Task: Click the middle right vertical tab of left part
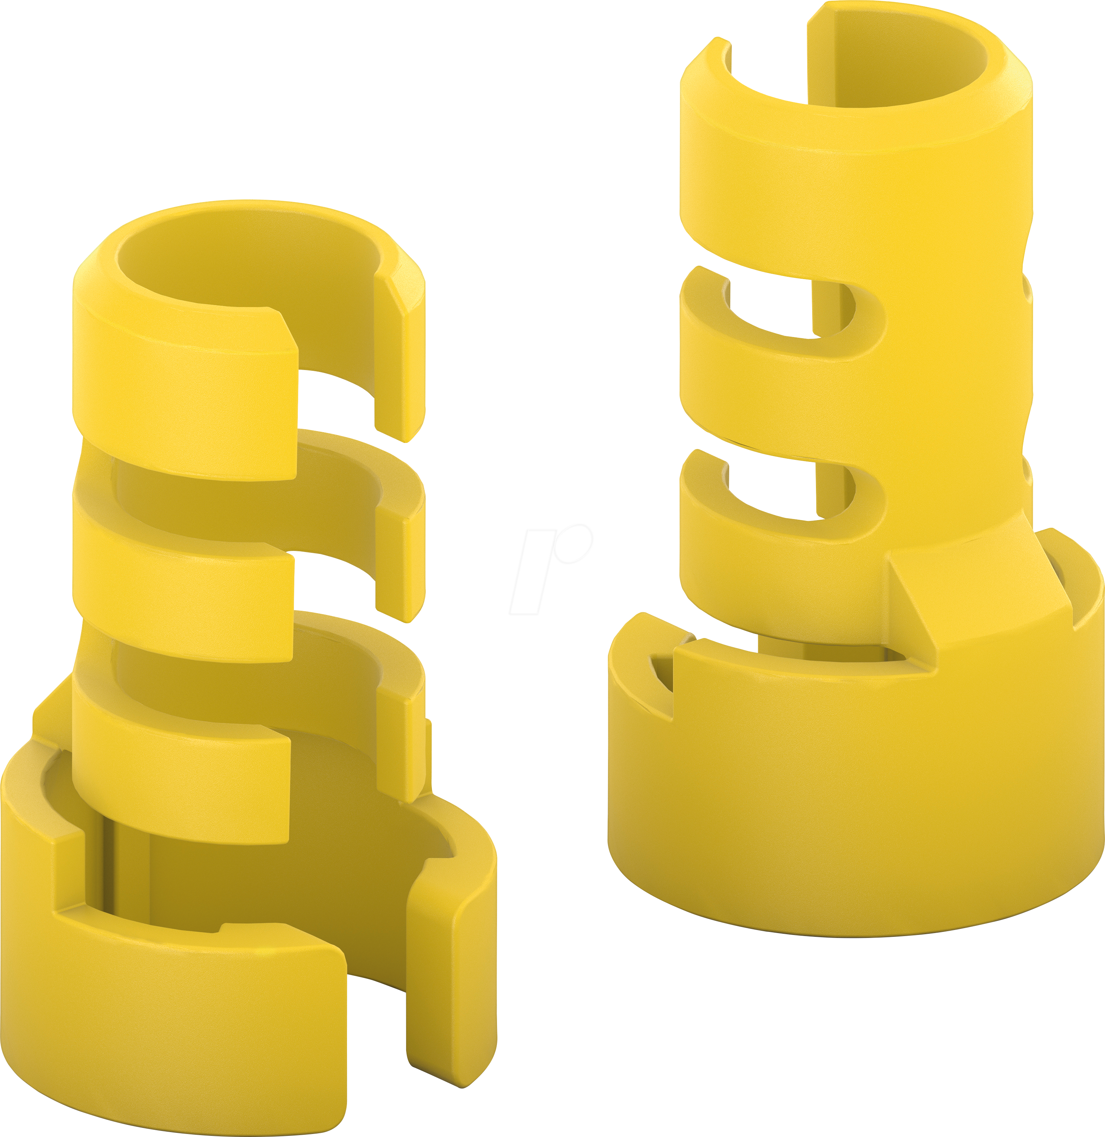pyautogui.click(x=400, y=557)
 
